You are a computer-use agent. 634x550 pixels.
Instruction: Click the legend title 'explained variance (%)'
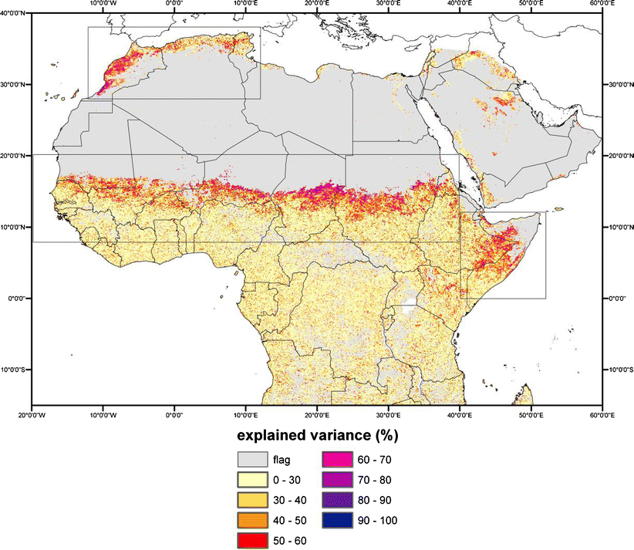tap(318, 435)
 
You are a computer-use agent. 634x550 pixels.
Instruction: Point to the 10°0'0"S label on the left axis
tap(16, 369)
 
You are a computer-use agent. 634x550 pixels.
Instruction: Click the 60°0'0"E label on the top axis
tap(602, 4)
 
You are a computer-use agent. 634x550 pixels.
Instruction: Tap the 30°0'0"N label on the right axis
tap(618, 84)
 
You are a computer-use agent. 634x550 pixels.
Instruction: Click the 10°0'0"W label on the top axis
tap(103, 4)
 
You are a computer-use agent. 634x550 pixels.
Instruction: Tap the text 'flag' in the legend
tap(283, 461)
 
